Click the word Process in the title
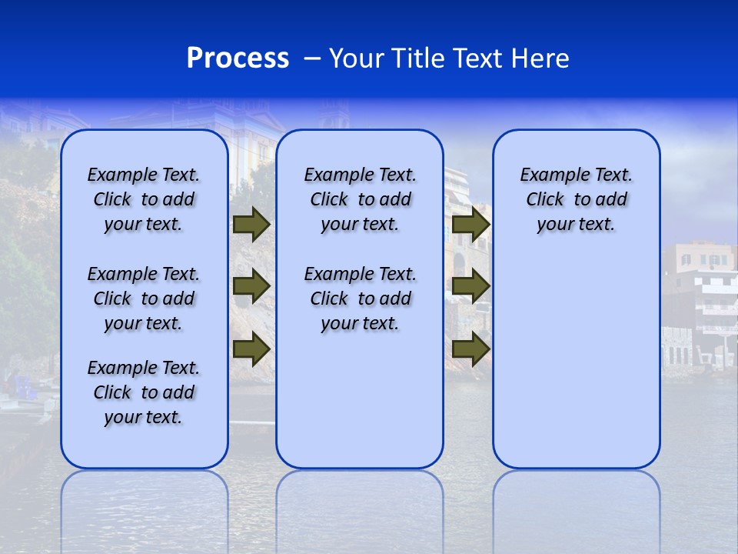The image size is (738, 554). [238, 58]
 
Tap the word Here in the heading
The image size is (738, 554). [540, 58]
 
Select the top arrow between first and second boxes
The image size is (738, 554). [251, 225]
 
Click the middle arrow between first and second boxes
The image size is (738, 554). [251, 287]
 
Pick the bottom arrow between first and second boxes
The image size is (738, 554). [251, 349]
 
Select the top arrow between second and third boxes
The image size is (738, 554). [471, 225]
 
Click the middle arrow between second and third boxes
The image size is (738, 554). [471, 287]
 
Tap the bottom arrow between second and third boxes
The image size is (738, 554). [471, 349]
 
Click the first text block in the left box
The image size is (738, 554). [144, 199]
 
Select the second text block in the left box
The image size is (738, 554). [144, 299]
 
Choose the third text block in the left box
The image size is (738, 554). [144, 392]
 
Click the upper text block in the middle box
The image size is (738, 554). [360, 199]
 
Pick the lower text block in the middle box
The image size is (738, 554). [360, 299]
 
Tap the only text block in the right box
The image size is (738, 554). [576, 199]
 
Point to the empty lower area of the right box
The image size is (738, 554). [576, 362]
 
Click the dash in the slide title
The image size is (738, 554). [312, 58]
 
